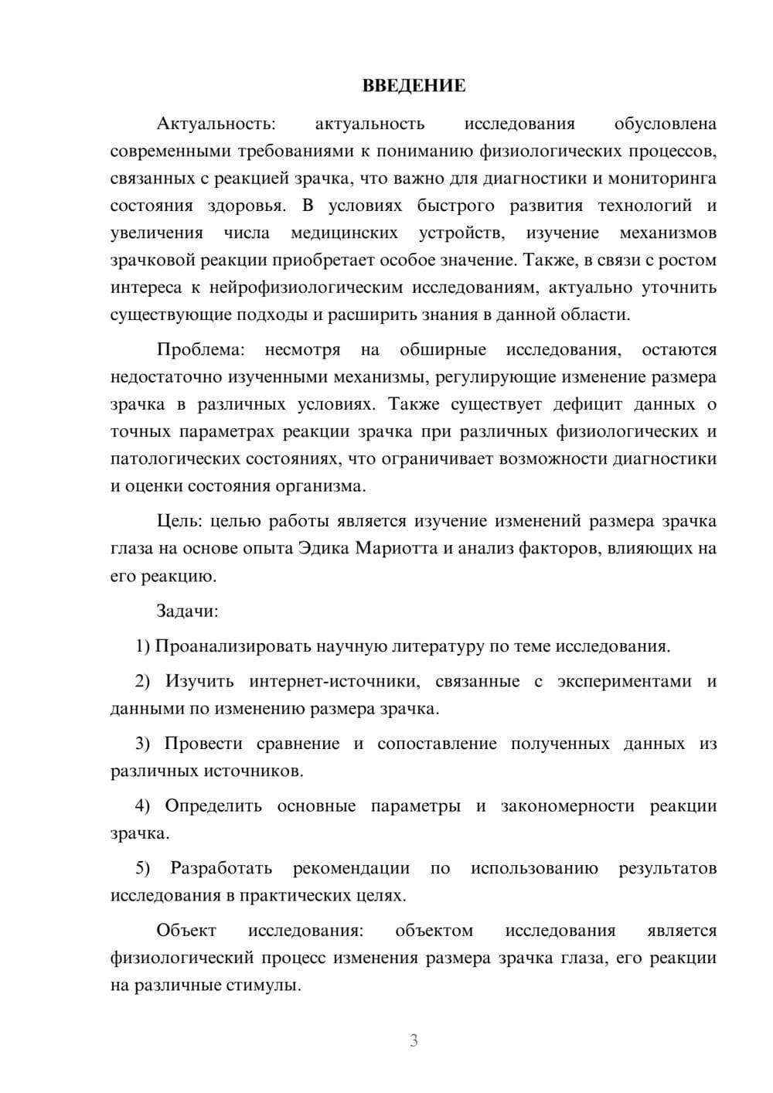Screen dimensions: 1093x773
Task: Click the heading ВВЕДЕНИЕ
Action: click(414, 86)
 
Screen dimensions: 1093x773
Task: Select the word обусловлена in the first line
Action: click(665, 124)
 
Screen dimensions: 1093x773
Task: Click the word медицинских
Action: click(344, 233)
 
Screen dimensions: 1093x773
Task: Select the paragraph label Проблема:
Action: click(200, 349)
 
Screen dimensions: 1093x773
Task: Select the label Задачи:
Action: click(187, 611)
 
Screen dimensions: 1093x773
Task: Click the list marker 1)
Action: click(142, 646)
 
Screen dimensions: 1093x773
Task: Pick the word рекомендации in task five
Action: click(351, 868)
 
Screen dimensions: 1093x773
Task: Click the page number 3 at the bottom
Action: click(414, 1040)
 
